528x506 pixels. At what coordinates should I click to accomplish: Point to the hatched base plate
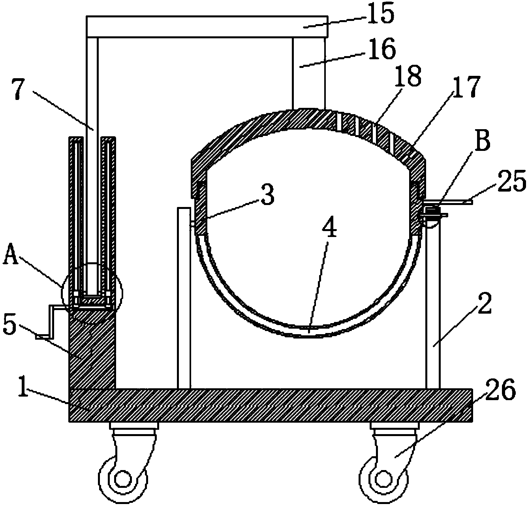coord(271,405)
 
